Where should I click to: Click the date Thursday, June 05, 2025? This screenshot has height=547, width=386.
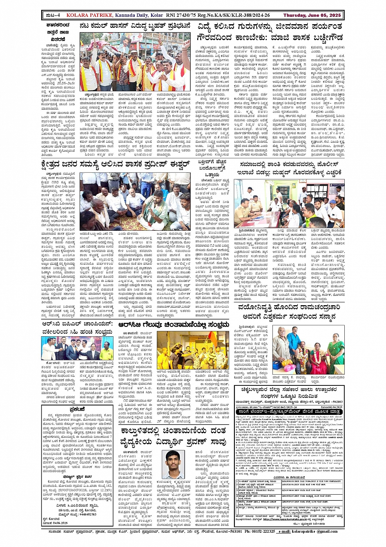[x=312, y=16]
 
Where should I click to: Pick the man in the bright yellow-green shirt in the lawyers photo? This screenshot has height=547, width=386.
[x=107, y=351]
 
